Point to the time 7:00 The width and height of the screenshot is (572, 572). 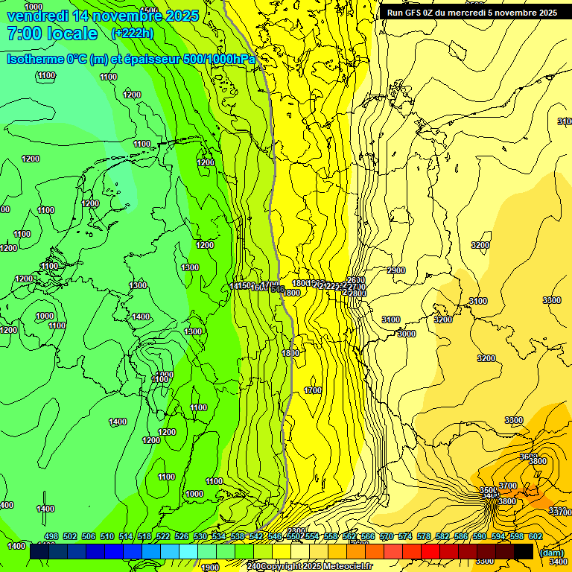click(22, 34)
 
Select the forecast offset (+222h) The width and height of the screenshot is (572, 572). click(132, 34)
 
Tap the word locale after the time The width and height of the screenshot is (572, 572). click(71, 34)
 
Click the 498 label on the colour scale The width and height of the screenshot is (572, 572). click(51, 536)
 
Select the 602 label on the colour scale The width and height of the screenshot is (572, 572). click(536, 536)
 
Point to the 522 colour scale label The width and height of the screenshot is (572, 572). click(163, 536)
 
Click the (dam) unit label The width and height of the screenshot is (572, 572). click(550, 553)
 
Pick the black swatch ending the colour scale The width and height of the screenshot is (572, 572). click(523, 551)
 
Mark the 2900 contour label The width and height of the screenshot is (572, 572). click(396, 270)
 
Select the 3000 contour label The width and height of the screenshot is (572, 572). click(406, 334)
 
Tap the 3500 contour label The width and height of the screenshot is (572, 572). click(488, 490)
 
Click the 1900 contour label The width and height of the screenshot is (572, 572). click(210, 568)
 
